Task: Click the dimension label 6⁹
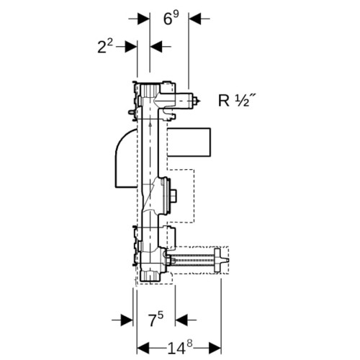[171, 18]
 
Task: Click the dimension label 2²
[105, 46]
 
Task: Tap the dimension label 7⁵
[156, 320]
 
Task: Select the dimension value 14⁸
[180, 348]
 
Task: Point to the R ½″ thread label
[236, 100]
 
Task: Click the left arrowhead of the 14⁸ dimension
[143, 348]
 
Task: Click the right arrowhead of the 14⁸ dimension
[215, 348]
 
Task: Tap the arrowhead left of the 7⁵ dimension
[127, 320]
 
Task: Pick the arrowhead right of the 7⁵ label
[181, 320]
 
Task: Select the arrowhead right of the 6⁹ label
[195, 19]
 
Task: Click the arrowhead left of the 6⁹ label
[143, 19]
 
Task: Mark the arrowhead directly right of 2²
[131, 46]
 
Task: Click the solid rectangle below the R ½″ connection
[189, 143]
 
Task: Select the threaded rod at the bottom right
[192, 261]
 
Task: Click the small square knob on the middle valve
[174, 195]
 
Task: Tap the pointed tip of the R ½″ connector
[199, 101]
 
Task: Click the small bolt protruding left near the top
[131, 112]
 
